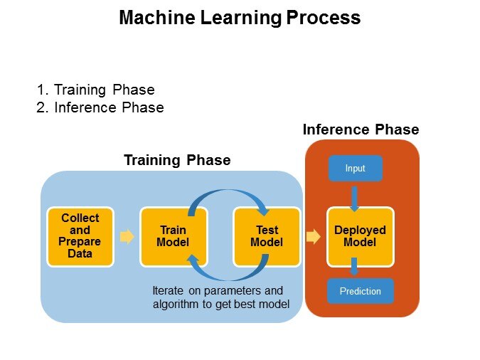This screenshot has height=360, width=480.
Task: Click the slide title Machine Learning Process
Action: click(x=240, y=18)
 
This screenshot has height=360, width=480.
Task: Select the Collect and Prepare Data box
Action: click(x=80, y=236)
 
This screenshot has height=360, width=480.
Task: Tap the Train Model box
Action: click(x=174, y=236)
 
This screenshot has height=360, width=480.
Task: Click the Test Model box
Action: click(x=267, y=236)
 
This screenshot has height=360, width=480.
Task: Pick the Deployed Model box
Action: click(x=360, y=236)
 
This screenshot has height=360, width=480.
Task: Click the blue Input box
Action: click(x=355, y=169)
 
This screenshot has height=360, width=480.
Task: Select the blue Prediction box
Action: click(x=360, y=291)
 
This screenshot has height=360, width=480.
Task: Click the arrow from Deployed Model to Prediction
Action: click(x=355, y=268)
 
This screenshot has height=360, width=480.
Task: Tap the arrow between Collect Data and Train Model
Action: click(x=127, y=236)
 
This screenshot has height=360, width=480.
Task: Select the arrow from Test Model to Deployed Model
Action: click(x=313, y=236)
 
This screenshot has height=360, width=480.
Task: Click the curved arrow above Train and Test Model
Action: click(x=229, y=194)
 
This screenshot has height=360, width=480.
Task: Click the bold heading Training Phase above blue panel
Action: click(x=177, y=160)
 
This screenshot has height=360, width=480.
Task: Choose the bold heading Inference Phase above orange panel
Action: click(x=361, y=129)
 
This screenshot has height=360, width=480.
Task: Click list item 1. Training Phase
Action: click(x=96, y=90)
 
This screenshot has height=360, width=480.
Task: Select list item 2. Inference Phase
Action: click(x=100, y=107)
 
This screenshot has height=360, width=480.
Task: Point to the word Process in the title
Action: click(x=324, y=18)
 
